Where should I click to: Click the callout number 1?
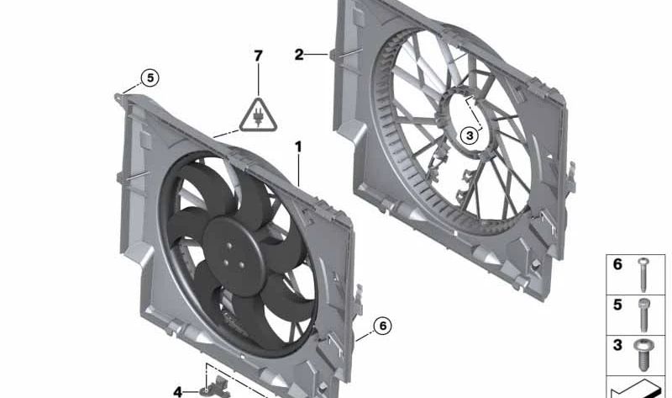point(297,147)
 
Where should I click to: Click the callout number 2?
point(299,56)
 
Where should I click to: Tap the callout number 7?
point(259,56)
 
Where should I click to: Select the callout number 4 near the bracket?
point(178,391)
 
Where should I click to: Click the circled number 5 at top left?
point(149,78)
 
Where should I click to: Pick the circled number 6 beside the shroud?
point(382,325)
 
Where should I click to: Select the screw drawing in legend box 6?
point(643,270)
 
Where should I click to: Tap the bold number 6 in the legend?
point(617,265)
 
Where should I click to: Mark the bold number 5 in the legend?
point(617,305)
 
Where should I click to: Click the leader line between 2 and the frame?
point(318,56)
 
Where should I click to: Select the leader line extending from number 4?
point(192,391)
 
